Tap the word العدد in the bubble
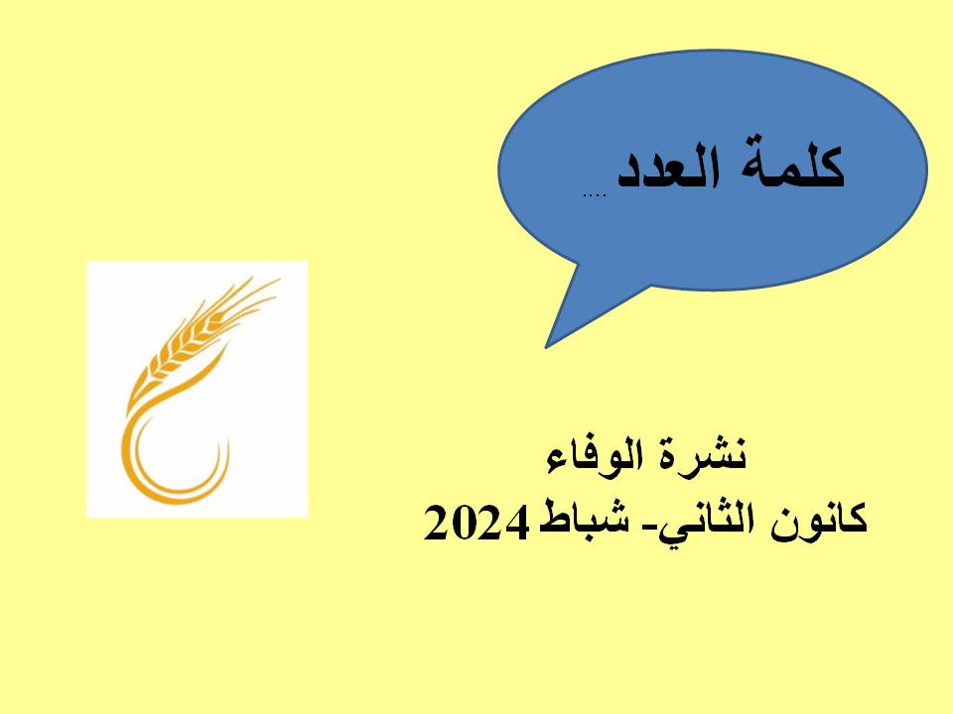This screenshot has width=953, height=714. (x=668, y=166)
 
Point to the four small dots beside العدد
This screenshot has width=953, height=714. (x=594, y=195)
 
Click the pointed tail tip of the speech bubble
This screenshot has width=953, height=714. (x=546, y=347)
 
